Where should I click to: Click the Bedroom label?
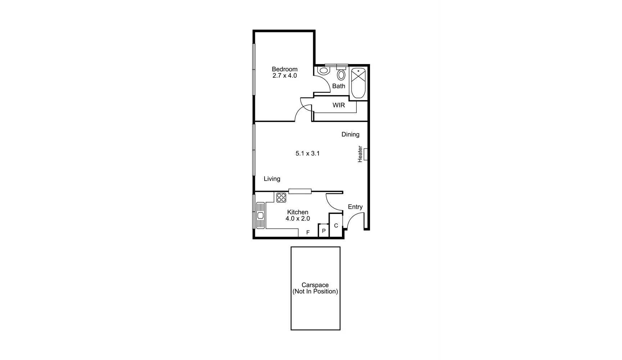coord(284,69)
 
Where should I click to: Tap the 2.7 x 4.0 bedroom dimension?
coord(284,76)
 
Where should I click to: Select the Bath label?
coord(338,86)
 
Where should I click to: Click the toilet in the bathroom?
coord(324,71)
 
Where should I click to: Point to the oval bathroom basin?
coord(341,75)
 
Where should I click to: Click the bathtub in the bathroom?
coord(358,83)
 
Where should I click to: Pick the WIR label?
coord(338,105)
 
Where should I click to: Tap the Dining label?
coord(350,134)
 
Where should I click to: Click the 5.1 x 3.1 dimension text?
coord(307,153)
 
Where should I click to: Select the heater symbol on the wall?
coord(366,154)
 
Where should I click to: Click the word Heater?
coord(360,154)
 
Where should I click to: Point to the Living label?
coord(272,179)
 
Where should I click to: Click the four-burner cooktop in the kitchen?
coord(281,198)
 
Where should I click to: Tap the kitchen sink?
coord(260,215)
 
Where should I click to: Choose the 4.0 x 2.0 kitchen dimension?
coord(298,219)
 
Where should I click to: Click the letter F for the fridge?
coord(308,233)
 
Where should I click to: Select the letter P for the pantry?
coord(324,231)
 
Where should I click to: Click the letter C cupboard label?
coord(336,226)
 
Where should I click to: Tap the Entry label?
coord(355,207)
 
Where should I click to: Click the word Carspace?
coord(315,285)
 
